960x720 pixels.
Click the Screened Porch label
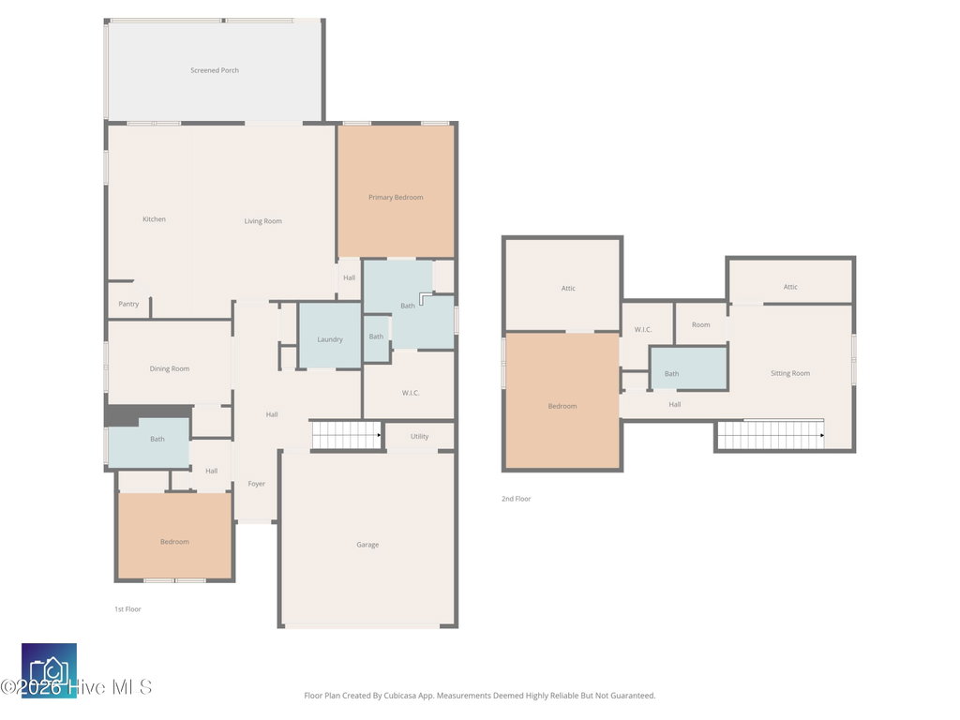(215, 70)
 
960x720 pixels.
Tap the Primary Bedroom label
(396, 197)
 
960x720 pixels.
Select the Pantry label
(128, 304)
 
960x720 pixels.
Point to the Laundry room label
(330, 339)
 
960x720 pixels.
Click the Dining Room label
(170, 368)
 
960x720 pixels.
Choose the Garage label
(367, 545)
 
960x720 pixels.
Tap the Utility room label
(419, 437)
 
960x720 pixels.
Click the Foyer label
(257, 484)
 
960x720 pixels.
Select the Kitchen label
(155, 219)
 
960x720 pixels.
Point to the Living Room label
(263, 221)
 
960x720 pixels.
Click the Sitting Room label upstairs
(790, 373)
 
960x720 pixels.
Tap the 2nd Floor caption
(517, 499)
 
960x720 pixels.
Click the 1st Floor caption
(127, 609)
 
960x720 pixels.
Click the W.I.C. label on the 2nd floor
(643, 329)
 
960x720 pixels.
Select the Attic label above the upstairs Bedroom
(568, 288)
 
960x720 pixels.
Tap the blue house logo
(49, 670)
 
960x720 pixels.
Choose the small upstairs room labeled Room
(701, 324)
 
